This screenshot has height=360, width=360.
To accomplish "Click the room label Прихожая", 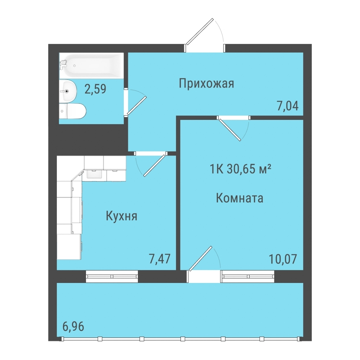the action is (206, 84).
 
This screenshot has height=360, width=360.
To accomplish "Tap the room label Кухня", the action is (121, 216).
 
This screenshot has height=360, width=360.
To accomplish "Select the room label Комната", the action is (239, 198).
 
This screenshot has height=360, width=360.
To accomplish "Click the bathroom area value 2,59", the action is (95, 89).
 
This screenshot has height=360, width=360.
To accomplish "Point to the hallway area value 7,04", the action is (288, 106).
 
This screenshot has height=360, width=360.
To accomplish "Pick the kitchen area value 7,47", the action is (159, 259).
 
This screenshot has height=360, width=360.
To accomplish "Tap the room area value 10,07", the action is (283, 259).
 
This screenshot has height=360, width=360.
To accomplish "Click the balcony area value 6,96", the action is (73, 326).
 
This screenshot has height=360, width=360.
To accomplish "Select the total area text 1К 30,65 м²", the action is (240, 169).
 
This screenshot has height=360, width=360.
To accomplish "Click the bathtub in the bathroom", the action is (91, 66).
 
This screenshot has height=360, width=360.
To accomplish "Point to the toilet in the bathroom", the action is (73, 111).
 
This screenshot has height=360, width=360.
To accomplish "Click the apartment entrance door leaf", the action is (200, 32).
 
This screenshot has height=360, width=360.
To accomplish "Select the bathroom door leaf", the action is (137, 105).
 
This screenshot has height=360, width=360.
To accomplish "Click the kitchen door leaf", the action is (154, 166).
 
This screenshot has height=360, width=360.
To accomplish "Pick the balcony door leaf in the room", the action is (201, 258).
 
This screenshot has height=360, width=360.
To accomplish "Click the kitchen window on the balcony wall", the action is (112, 276).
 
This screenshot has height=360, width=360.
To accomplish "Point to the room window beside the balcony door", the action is (248, 276).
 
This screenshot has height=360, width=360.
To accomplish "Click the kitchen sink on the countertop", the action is (94, 174).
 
